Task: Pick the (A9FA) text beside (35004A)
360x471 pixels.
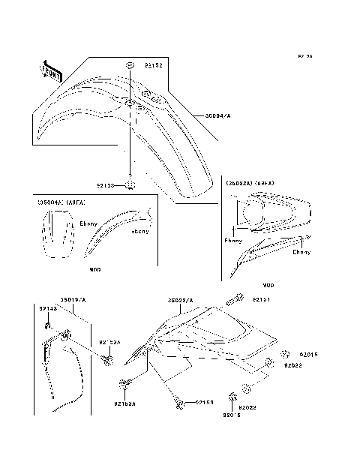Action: [76, 202]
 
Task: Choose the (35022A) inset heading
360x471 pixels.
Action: [239, 183]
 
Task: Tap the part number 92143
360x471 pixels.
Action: [47, 308]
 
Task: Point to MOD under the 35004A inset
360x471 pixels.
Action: [95, 268]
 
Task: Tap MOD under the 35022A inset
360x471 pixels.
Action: [268, 285]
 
